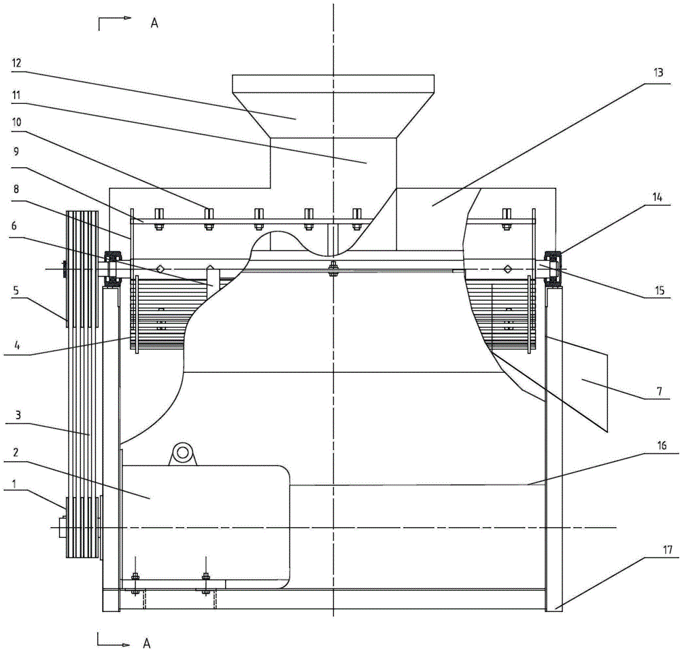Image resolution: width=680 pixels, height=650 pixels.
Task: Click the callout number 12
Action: tap(16, 63)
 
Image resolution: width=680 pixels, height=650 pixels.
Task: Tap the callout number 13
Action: tap(658, 72)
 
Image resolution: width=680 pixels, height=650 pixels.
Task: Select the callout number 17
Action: tap(668, 549)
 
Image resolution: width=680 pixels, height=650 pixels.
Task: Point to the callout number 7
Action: tap(660, 391)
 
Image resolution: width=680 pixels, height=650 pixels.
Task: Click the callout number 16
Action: tap(662, 445)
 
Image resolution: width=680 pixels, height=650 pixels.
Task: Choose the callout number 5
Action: tap(16, 290)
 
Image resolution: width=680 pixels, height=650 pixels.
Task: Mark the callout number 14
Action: tap(658, 198)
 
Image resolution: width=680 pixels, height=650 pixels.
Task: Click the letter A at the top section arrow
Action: tap(154, 23)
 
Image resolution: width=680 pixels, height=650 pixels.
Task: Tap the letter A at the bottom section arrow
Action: tap(147, 643)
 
